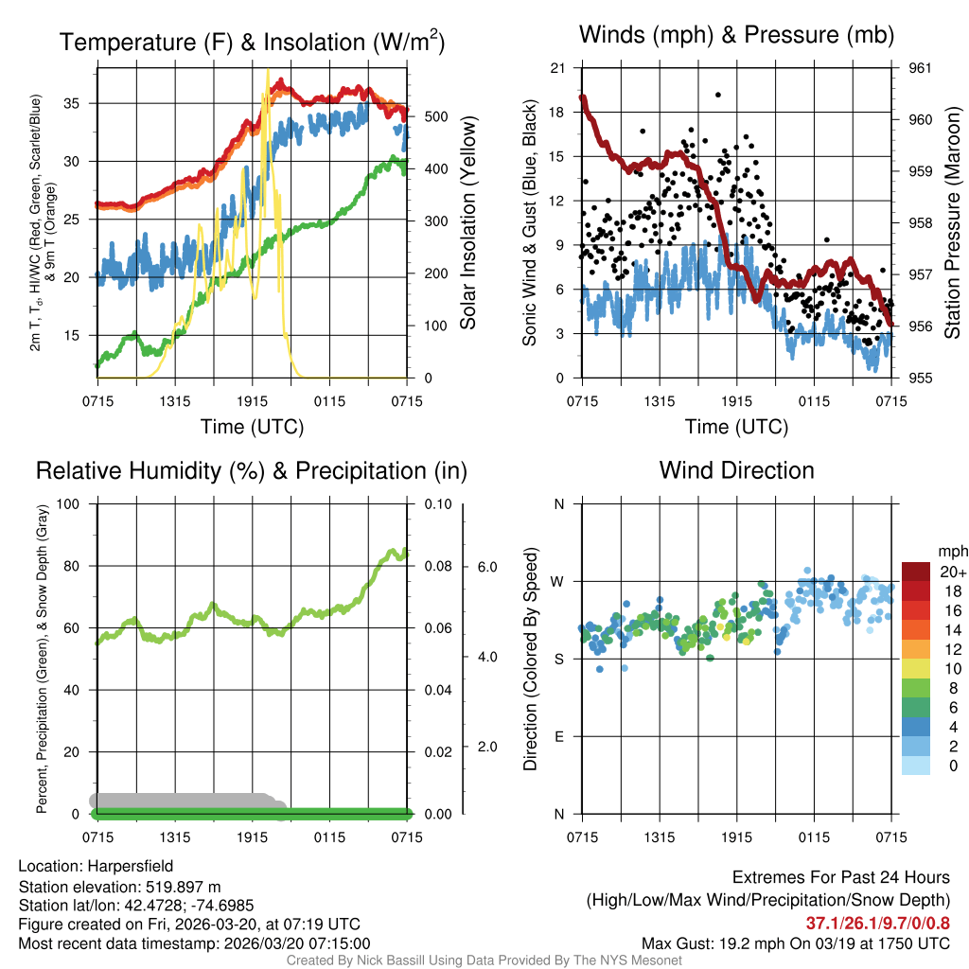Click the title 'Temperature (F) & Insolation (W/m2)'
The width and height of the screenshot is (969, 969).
pyautogui.click(x=252, y=43)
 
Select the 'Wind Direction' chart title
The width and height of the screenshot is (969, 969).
pyautogui.click(x=736, y=470)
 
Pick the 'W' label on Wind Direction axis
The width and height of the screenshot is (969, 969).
pyautogui.click(x=558, y=581)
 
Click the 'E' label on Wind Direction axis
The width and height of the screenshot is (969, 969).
pyautogui.click(x=559, y=736)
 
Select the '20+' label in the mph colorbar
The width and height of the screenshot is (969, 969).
pyautogui.click(x=952, y=572)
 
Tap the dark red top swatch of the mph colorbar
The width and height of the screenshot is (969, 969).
pyautogui.click(x=916, y=572)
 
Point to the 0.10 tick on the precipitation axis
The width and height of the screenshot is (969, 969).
pyautogui.click(x=436, y=504)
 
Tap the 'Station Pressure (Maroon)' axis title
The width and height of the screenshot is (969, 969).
pyautogui.click(x=952, y=223)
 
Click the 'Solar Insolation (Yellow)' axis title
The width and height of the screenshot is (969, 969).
pyautogui.click(x=467, y=223)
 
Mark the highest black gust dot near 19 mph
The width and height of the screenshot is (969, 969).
pyautogui.click(x=718, y=95)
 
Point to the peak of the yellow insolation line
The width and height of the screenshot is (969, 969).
pyautogui.click(x=268, y=70)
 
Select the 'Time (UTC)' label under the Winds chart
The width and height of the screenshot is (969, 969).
pyautogui.click(x=736, y=427)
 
